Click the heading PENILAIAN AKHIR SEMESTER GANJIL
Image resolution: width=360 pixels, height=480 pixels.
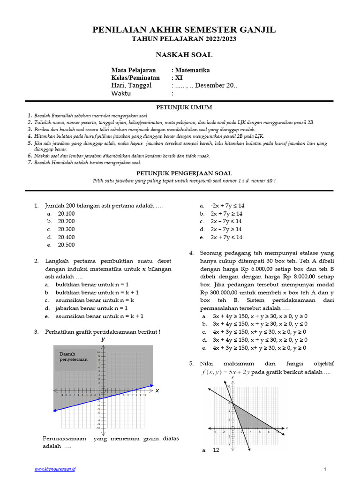(184, 30)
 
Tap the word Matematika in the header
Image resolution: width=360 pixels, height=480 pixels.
(193, 70)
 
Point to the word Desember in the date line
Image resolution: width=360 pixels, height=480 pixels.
(210, 85)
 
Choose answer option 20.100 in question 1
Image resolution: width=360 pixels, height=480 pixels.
(66, 214)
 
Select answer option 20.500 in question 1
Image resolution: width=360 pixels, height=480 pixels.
(66, 245)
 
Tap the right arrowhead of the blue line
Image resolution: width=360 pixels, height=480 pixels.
(151, 386)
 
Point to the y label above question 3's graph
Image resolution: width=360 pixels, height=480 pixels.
(103, 339)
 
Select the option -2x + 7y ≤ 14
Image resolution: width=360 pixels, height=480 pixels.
(227, 206)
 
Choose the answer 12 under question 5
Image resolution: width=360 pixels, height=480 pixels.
(216, 450)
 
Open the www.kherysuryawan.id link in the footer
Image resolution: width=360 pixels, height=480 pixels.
(55, 469)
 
